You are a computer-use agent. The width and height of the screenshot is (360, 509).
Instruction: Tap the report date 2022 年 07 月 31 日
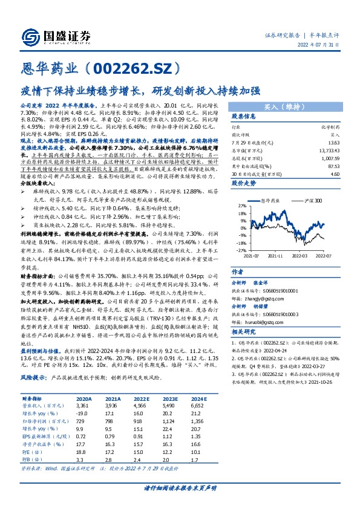323,45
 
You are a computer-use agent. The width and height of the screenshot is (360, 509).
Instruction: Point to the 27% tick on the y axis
240,206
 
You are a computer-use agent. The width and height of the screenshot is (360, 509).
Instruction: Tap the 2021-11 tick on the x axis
277,256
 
